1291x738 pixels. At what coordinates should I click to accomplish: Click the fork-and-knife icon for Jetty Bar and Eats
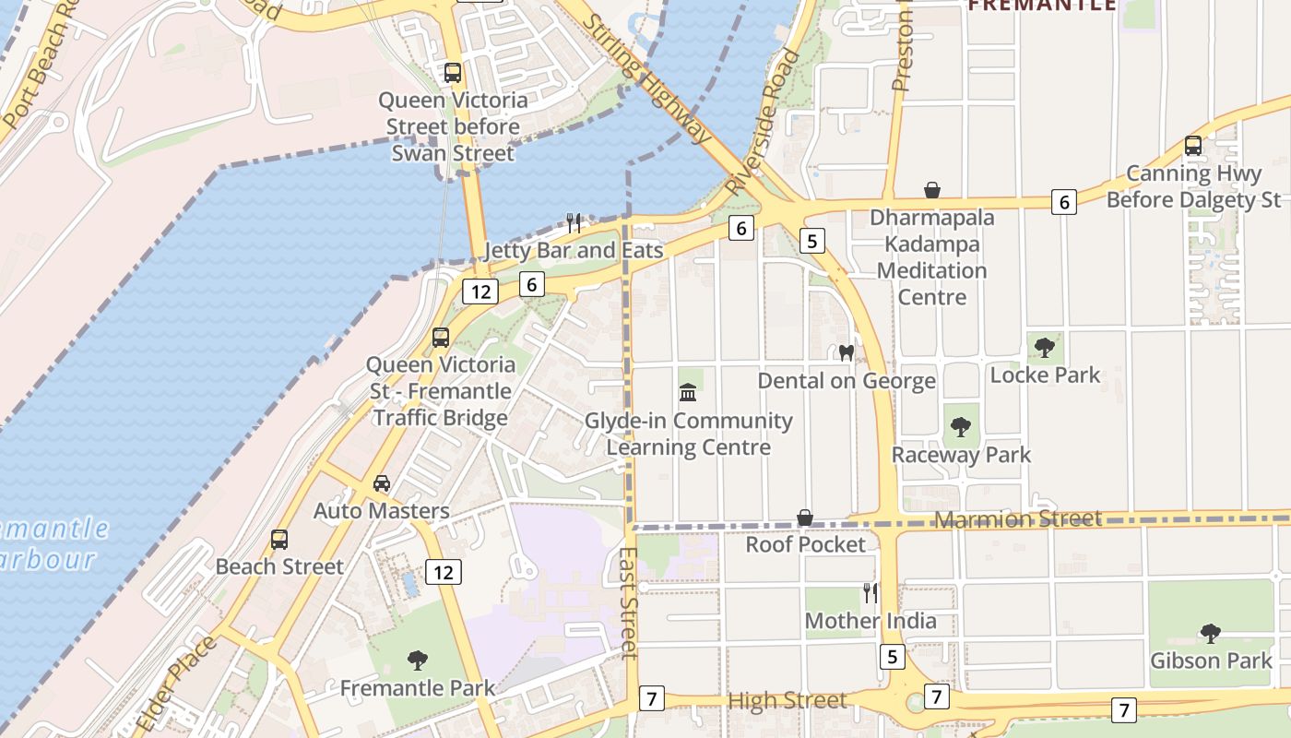click(574, 222)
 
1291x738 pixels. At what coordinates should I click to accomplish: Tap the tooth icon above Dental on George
click(846, 352)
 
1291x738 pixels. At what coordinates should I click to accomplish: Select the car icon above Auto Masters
click(382, 483)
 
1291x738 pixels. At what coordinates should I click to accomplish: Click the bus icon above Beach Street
click(279, 539)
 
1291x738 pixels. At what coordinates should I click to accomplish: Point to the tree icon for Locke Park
click(1045, 348)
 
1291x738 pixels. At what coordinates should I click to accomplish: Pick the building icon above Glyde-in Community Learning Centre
click(688, 393)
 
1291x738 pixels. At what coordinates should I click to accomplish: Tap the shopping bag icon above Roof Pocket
click(805, 518)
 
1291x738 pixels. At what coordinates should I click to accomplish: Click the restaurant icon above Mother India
click(870, 592)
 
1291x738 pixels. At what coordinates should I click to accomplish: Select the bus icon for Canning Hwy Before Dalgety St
click(1193, 146)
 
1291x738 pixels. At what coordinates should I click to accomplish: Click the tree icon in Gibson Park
click(1210, 633)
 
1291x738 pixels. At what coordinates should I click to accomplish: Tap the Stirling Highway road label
click(649, 79)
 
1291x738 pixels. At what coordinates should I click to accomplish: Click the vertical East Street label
click(629, 604)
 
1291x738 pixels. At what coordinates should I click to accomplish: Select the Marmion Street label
click(1018, 519)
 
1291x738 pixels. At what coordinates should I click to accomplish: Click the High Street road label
click(787, 701)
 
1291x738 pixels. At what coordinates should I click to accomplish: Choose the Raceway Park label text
click(961, 455)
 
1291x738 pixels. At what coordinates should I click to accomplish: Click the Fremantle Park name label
click(417, 688)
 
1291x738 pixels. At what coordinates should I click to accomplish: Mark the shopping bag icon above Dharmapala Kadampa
click(932, 190)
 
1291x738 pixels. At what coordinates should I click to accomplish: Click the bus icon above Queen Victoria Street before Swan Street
click(453, 72)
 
